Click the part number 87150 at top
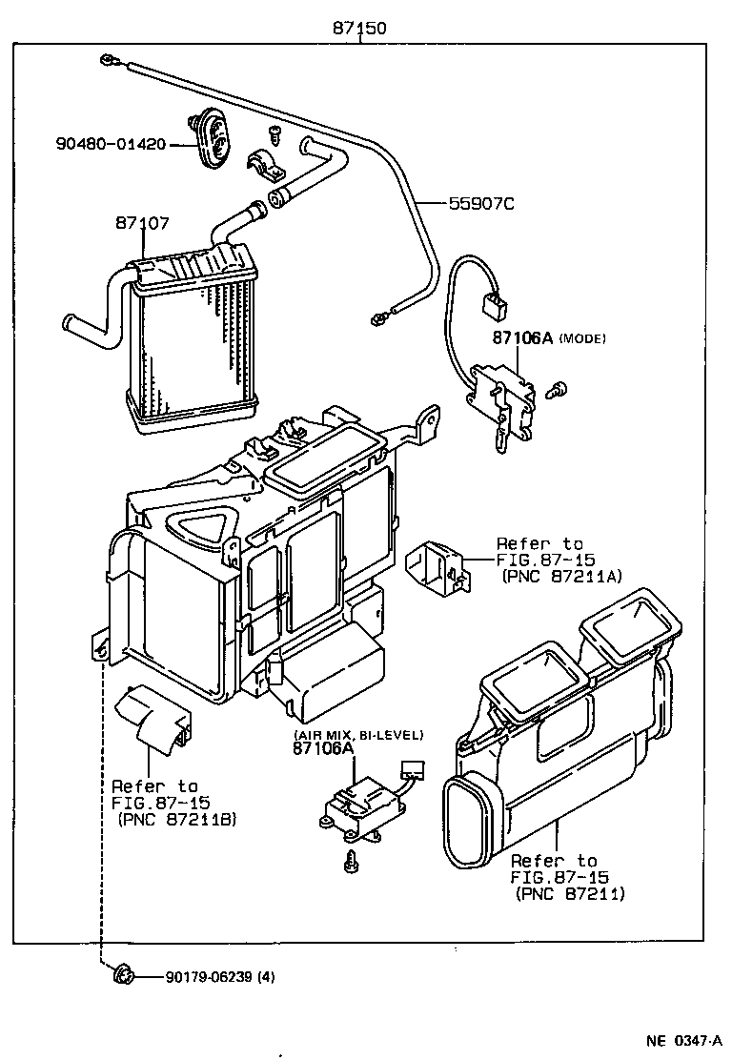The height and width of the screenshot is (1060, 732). tap(359, 29)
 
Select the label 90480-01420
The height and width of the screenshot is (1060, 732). tap(111, 144)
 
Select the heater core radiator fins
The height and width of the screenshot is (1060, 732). tap(195, 343)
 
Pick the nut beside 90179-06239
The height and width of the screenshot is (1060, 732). tap(122, 974)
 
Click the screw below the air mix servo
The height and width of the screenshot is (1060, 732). tap(352, 860)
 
